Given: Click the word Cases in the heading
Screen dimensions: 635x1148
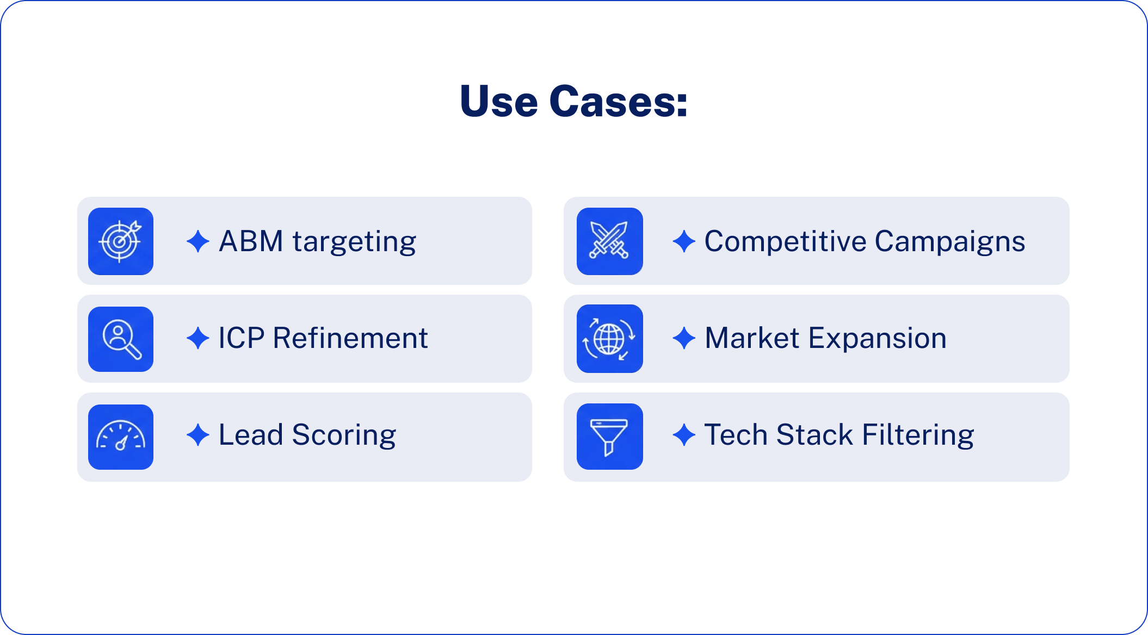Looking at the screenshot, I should click(x=619, y=102).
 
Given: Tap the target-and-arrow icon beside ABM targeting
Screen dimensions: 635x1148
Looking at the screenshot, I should click(x=120, y=241).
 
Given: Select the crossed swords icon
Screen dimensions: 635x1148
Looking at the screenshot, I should click(x=609, y=241).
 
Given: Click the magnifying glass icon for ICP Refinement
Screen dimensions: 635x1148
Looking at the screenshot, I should click(x=120, y=339).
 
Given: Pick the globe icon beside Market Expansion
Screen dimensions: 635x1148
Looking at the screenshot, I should click(x=609, y=339).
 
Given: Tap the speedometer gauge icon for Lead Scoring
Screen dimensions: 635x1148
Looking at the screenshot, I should click(x=120, y=437).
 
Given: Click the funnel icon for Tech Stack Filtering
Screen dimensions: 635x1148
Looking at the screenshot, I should click(x=609, y=437).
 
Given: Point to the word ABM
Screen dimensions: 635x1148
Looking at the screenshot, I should click(x=251, y=241).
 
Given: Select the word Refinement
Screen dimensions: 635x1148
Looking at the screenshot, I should click(x=350, y=338).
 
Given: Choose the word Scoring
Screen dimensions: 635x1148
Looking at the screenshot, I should click(x=344, y=435).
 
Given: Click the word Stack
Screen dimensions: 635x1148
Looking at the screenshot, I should click(x=814, y=435).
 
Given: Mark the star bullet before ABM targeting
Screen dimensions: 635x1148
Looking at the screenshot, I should click(x=198, y=241).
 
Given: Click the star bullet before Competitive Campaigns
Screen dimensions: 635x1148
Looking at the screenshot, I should click(x=684, y=241).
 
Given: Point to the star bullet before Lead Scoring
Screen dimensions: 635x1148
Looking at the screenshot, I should click(x=198, y=435).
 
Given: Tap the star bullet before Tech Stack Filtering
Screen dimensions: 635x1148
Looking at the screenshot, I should click(x=684, y=435).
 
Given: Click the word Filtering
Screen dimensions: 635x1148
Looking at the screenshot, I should click(x=918, y=435).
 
